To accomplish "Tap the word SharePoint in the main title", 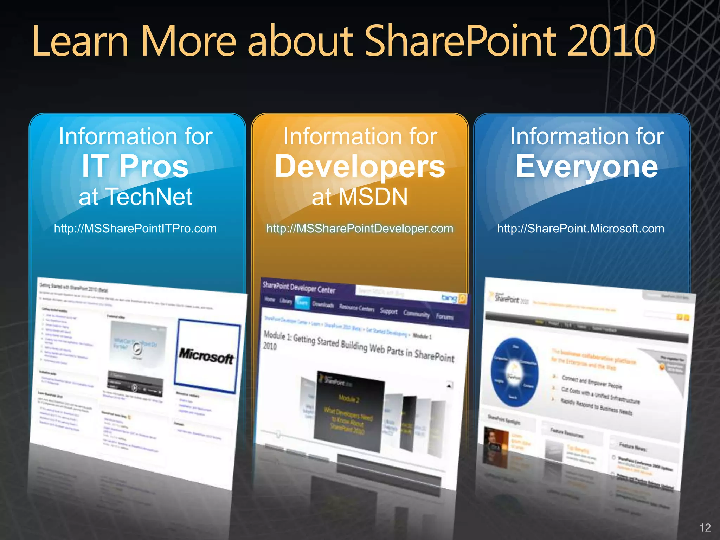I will [461, 41].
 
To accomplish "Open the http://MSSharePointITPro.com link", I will [135, 229].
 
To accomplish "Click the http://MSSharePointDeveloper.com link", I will [360, 229].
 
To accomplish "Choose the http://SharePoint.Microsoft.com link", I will [580, 229].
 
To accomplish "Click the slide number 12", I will [705, 527].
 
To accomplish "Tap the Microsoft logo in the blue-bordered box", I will [206, 356].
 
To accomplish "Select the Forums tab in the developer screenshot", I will [445, 316].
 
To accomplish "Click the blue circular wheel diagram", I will [514, 373].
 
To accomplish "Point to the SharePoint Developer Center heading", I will [299, 288].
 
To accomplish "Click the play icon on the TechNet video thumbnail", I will [137, 348].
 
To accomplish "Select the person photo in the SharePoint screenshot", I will [496, 446].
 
